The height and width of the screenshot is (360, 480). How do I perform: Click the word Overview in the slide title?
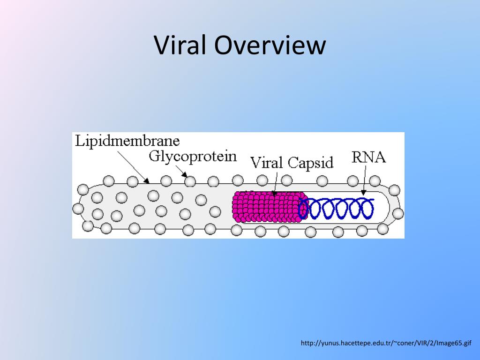(270, 46)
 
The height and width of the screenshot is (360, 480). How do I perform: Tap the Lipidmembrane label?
(127, 141)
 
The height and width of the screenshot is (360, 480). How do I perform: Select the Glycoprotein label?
(193, 156)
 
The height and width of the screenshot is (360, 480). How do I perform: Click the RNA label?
(368, 157)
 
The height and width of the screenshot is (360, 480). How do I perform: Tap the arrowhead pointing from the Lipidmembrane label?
(147, 180)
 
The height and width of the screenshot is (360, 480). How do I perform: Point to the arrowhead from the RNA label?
(363, 192)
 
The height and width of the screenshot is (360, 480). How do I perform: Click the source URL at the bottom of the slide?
(385, 344)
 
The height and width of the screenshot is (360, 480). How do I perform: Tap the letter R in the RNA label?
(357, 157)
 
